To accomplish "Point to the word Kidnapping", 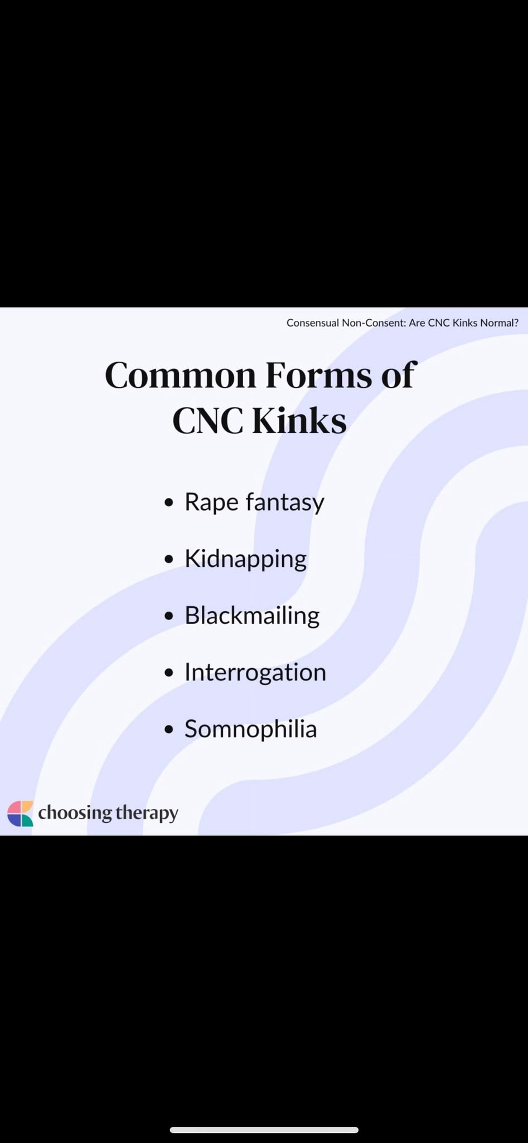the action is tap(245, 559).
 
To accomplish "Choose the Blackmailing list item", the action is tap(252, 615).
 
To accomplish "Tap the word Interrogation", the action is tap(255, 673).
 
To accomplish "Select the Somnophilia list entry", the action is tap(250, 729).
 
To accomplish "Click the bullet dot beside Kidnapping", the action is tap(169, 560).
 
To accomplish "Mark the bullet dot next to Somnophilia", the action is tap(169, 729).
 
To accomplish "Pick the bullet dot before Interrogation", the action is tap(169, 673).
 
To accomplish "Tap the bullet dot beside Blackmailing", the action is tap(169, 616).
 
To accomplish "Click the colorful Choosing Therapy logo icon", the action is tap(20, 813).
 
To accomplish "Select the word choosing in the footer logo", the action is tap(75, 813).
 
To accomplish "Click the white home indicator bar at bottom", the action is tap(264, 1130).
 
